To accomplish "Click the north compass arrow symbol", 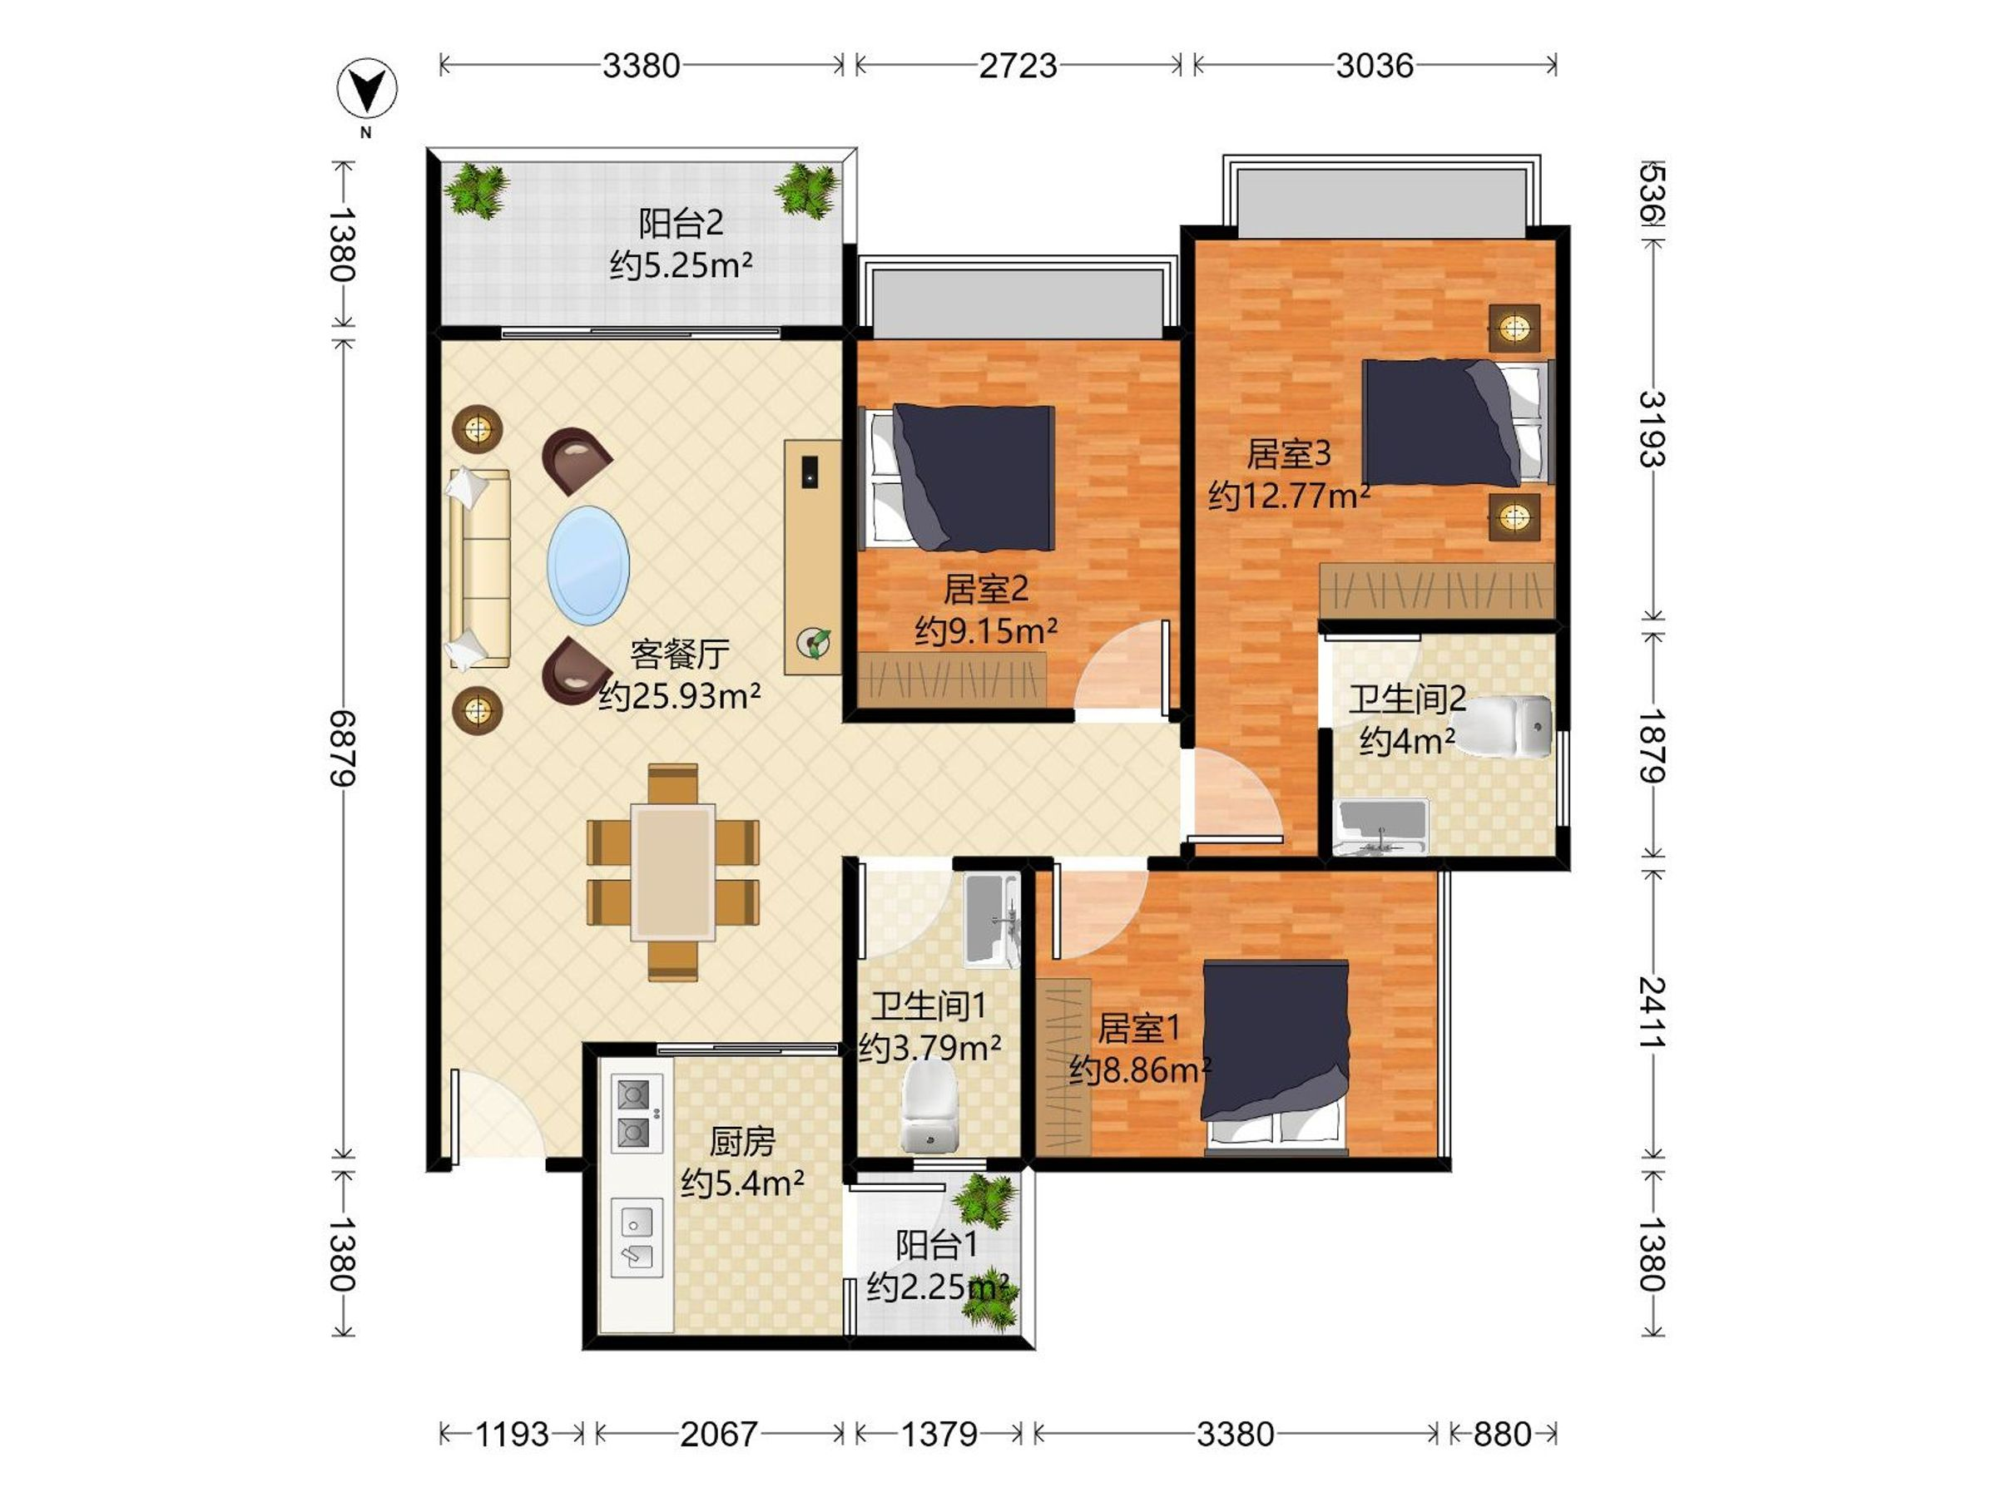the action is coord(367,89).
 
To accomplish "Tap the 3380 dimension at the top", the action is coord(641,65).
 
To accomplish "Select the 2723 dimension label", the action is coord(1018,65).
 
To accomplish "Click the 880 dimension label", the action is coord(1502,1434).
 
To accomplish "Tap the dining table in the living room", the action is coord(672,872).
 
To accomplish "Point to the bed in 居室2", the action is coord(959,478).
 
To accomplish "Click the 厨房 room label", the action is coord(742,1142).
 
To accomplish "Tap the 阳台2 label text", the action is coord(681,223).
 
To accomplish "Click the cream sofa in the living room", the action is coord(479,569).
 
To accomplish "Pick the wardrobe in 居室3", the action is coord(1436,591).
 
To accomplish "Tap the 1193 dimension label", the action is coord(512,1434).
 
